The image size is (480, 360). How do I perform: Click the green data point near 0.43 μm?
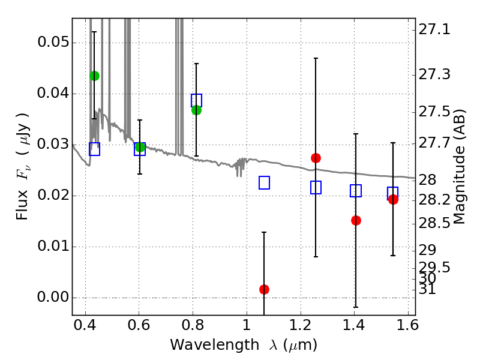pyautogui.click(x=94, y=76)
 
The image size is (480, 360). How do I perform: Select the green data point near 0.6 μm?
pyautogui.click(x=140, y=147)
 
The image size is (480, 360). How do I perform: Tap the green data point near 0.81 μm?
pyautogui.click(x=196, y=110)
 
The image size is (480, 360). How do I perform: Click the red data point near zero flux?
pyautogui.click(x=264, y=289)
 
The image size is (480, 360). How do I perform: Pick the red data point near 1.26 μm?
pyautogui.click(x=316, y=158)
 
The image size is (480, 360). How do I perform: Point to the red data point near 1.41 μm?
pyautogui.click(x=356, y=220)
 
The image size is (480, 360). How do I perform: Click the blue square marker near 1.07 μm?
pyautogui.click(x=264, y=182)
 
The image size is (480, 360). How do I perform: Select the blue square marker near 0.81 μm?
pyautogui.click(x=196, y=100)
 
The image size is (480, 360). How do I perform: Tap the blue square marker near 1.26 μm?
pyautogui.click(x=316, y=187)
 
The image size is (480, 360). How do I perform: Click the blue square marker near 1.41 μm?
pyautogui.click(x=356, y=191)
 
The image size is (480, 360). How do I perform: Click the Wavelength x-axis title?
pyautogui.click(x=243, y=346)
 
